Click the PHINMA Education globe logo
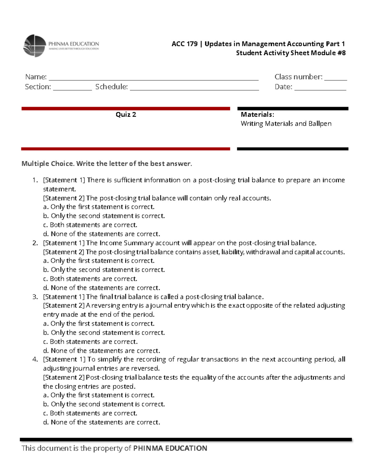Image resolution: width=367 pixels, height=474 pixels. pos(35,46)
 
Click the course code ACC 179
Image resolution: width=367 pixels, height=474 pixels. pos(184,44)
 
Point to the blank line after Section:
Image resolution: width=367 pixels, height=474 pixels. pos(72,88)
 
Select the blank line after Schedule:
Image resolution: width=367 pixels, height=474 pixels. pos(194,88)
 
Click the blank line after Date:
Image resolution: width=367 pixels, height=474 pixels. pos(320,88)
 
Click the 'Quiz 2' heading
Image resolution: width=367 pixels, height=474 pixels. pos(126,115)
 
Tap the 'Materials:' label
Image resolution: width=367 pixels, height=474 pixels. pos(257,115)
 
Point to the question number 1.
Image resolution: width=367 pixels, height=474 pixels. pos(35,180)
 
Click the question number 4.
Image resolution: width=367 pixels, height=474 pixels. pos(35,359)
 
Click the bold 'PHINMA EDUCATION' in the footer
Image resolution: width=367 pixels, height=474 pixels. pos(170,448)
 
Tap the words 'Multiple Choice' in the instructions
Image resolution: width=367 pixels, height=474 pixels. pos(47,164)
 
